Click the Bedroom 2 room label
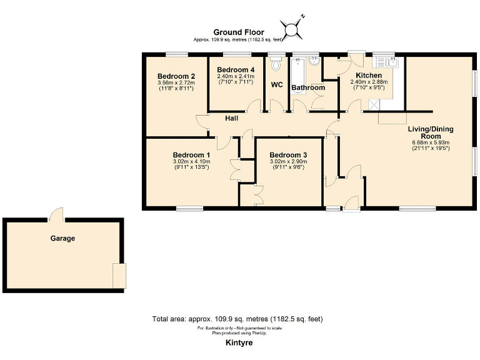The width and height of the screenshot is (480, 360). (176, 76)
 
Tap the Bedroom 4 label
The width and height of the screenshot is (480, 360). (236, 70)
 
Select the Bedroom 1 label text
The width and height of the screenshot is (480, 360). (191, 155)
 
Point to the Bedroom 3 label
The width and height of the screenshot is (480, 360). (288, 155)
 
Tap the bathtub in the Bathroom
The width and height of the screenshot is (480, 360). (298, 76)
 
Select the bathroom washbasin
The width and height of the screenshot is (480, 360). (314, 61)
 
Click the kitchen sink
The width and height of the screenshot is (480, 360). (385, 62)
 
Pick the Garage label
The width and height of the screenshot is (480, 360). (62, 238)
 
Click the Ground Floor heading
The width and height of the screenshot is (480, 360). (239, 32)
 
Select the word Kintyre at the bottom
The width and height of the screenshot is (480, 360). (239, 342)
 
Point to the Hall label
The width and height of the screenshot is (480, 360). (231, 118)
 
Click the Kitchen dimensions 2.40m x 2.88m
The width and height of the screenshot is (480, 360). (369, 82)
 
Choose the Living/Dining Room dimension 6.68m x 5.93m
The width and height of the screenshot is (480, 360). (431, 142)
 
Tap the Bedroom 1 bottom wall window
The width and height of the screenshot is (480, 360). (190, 209)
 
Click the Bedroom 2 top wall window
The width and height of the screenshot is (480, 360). (177, 54)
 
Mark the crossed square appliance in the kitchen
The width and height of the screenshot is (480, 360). (374, 105)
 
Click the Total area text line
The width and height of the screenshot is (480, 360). (237, 319)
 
